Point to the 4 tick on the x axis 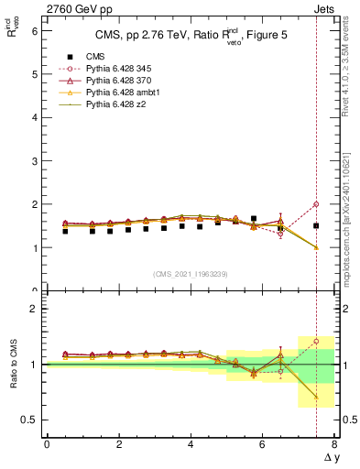click(191, 444)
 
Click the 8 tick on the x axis click(334, 444)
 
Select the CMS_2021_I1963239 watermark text click(191, 274)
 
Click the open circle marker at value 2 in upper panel click(316, 204)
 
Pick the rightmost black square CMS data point click(316, 225)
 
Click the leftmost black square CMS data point click(65, 231)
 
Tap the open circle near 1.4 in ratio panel click(316, 341)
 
